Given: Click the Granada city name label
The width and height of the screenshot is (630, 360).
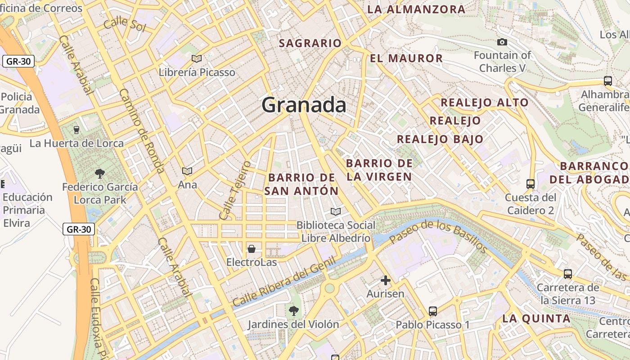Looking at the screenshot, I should tap(304, 105).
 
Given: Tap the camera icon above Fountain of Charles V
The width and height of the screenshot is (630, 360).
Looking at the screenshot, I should tap(502, 42).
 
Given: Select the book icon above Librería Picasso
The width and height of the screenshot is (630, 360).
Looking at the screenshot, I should tap(197, 58).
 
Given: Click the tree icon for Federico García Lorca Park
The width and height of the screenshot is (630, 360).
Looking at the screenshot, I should tap(100, 173).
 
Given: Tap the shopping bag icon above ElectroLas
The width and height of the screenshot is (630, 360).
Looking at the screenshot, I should tap(252, 248).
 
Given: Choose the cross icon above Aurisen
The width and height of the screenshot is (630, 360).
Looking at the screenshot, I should tap(385, 280).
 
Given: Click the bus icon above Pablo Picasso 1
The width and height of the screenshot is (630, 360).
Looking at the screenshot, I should tap(433, 311).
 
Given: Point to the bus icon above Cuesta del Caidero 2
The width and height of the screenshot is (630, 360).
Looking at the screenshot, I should tap(531, 184).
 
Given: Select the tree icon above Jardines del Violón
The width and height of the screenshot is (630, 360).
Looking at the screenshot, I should tap(293, 310).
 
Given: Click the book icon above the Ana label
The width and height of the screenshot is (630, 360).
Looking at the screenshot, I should tap(187, 171).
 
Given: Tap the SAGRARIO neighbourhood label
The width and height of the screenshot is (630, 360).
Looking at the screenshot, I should tap(310, 43).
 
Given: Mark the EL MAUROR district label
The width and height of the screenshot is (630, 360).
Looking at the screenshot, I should tap(406, 58).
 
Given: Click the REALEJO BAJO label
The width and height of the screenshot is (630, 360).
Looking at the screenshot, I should tap(440, 139).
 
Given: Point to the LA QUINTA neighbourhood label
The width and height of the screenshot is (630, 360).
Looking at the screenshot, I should tap(536, 319).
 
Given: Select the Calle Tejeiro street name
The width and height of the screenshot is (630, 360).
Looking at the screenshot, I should tap(234, 190).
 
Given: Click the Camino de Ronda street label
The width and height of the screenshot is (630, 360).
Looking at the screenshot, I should tap(142, 130).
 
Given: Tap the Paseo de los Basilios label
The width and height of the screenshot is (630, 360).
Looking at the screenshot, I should tap(439, 237).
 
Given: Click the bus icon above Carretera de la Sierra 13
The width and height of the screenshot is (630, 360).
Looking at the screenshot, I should tap(568, 274).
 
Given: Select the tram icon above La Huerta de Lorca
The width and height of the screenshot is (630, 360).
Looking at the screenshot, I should tap(76, 130).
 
